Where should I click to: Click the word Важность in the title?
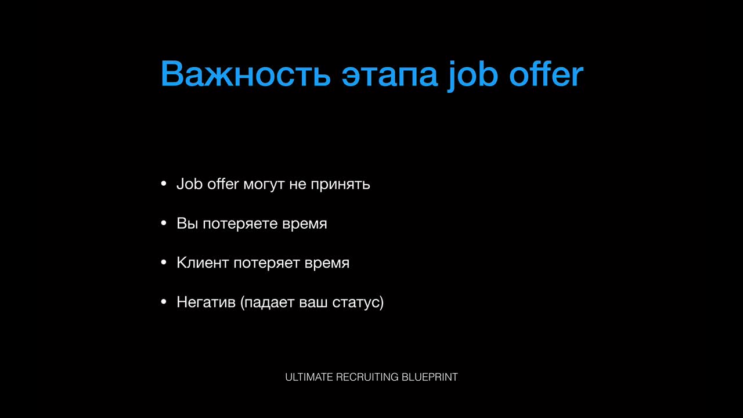coord(246,74)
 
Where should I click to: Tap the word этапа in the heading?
coord(389,75)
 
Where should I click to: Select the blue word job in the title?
coord(473,76)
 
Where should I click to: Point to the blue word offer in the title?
coord(546,74)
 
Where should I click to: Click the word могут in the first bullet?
coord(264,185)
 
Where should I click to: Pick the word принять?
coord(340,185)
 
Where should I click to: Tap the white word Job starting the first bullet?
coord(189,184)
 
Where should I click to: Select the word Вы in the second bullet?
coord(187,224)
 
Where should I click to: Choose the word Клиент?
coord(203,263)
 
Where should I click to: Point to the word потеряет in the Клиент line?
coord(266,264)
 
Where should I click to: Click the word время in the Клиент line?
coord(327,264)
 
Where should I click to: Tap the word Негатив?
coord(206,302)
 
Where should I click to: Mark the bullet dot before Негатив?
coord(164,302)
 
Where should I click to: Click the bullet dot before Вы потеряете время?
coord(164,224)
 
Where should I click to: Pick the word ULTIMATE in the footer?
coord(309,377)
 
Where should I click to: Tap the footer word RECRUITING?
coord(367,377)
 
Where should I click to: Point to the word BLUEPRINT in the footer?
coord(430,377)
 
